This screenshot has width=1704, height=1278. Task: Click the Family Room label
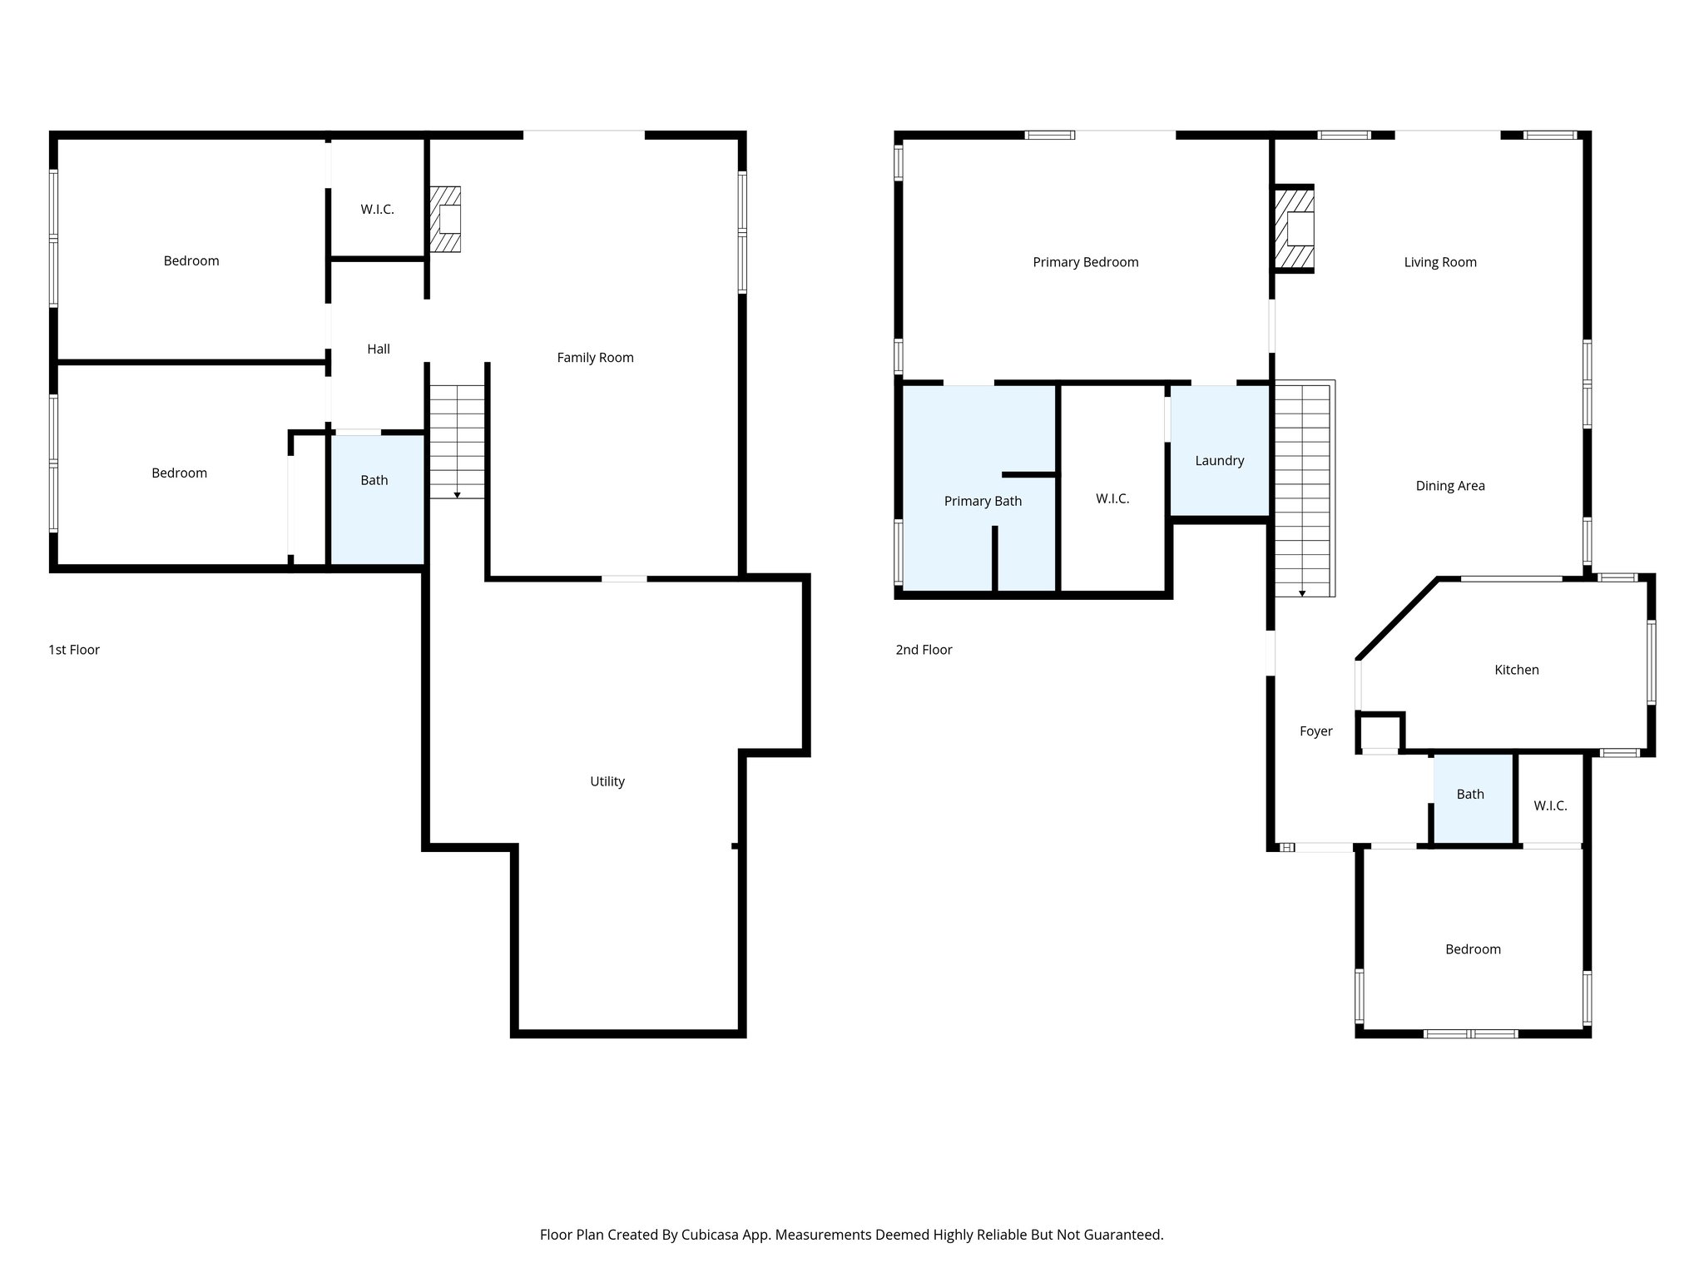click(595, 358)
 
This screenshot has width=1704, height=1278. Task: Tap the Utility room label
click(607, 781)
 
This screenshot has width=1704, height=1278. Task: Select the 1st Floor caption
click(74, 650)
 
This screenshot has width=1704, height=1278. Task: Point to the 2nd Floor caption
click(924, 650)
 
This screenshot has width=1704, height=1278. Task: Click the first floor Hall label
click(379, 349)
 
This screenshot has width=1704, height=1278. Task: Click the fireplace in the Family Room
click(446, 220)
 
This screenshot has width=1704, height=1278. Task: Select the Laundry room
click(1219, 461)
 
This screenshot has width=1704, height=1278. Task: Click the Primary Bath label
click(983, 501)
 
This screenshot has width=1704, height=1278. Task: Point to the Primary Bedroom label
click(1085, 262)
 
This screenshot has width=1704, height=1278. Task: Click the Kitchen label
click(1516, 670)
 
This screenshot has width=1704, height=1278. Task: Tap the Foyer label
click(1315, 731)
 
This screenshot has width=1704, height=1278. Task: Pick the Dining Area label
click(1449, 486)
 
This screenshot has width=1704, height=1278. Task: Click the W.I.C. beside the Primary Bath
click(1112, 498)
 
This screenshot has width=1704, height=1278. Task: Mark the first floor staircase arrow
click(457, 495)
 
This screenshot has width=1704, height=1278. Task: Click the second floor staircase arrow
click(1302, 593)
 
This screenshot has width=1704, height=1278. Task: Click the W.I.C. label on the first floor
click(377, 210)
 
